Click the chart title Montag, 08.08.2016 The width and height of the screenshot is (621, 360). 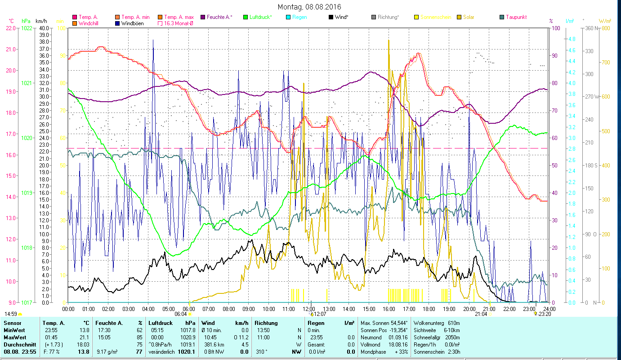pos(309,7)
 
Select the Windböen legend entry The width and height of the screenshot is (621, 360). pos(133,23)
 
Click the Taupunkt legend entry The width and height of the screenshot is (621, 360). pos(516,17)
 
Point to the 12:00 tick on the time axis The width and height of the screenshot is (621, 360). pos(308,309)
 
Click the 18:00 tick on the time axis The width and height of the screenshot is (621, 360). pos(429,309)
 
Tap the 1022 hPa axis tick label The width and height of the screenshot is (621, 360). pos(27,28)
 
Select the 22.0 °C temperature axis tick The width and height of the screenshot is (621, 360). pos(10,28)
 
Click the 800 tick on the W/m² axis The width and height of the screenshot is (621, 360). pos(605,28)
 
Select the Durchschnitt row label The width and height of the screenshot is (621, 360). pos(18,344)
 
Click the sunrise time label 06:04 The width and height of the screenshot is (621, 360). pos(180,314)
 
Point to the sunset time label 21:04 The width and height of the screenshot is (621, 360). pos(481,314)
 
